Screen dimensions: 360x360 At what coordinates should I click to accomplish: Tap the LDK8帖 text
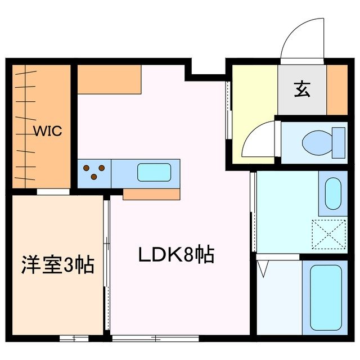point(176,256)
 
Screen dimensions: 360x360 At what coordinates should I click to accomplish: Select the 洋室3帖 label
point(57,264)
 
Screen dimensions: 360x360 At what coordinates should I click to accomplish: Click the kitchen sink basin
point(154,173)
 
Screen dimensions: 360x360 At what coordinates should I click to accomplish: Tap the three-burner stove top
point(94,173)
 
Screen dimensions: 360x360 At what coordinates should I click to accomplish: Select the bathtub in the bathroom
point(326,296)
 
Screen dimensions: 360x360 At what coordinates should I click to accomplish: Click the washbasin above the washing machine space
point(333,193)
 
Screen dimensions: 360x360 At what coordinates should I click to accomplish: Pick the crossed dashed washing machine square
point(329,234)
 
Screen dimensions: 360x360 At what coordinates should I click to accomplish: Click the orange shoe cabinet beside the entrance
point(337,90)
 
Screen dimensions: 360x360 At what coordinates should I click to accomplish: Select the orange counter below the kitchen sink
point(151,194)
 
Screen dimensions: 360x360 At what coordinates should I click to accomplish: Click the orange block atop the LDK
point(109,79)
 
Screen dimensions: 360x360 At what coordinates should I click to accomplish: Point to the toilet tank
point(338,142)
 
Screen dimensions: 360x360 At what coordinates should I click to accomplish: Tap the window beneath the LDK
point(155,338)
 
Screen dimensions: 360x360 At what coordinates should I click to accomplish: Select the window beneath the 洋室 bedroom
point(74,338)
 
